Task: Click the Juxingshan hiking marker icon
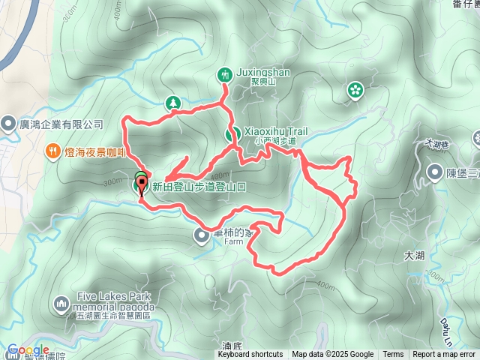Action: (224, 73)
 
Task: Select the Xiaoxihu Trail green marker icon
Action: (232, 134)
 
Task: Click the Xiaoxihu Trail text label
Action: (276, 130)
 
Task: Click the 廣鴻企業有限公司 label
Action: (61, 124)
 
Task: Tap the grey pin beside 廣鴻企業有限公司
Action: (8, 122)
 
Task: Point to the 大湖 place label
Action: (413, 256)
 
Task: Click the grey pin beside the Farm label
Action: (202, 236)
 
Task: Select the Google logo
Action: (28, 350)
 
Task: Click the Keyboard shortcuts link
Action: (250, 355)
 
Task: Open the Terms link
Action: (393, 355)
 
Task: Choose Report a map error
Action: (445, 355)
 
